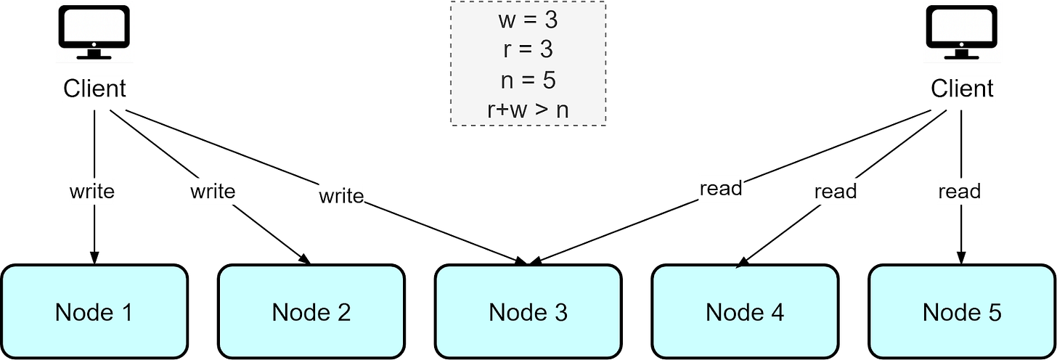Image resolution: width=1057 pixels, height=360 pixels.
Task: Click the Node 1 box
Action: click(x=94, y=312)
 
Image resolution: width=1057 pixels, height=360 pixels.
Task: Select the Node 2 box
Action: click(x=311, y=312)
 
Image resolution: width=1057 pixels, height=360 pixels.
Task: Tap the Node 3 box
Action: click(x=528, y=312)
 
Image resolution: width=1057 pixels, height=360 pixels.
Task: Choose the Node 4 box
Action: click(x=745, y=312)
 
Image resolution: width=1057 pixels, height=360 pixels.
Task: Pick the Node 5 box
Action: click(x=962, y=312)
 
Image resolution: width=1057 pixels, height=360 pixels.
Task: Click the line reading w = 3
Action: click(x=528, y=20)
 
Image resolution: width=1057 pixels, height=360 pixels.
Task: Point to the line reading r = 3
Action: click(x=528, y=49)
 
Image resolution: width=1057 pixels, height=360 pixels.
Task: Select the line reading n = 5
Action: click(x=528, y=79)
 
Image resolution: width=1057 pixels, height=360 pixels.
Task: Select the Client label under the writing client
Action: click(x=94, y=89)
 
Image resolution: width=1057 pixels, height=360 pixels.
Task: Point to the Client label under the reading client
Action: click(x=962, y=89)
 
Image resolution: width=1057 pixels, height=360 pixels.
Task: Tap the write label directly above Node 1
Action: click(x=91, y=192)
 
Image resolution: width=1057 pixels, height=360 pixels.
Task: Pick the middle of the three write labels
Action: click(x=212, y=191)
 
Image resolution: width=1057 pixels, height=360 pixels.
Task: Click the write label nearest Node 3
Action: click(x=341, y=196)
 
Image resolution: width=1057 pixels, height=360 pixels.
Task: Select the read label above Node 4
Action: click(x=721, y=188)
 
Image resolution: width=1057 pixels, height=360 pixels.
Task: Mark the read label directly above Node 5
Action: click(x=959, y=192)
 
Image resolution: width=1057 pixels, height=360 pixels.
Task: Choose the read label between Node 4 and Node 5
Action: click(x=835, y=192)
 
